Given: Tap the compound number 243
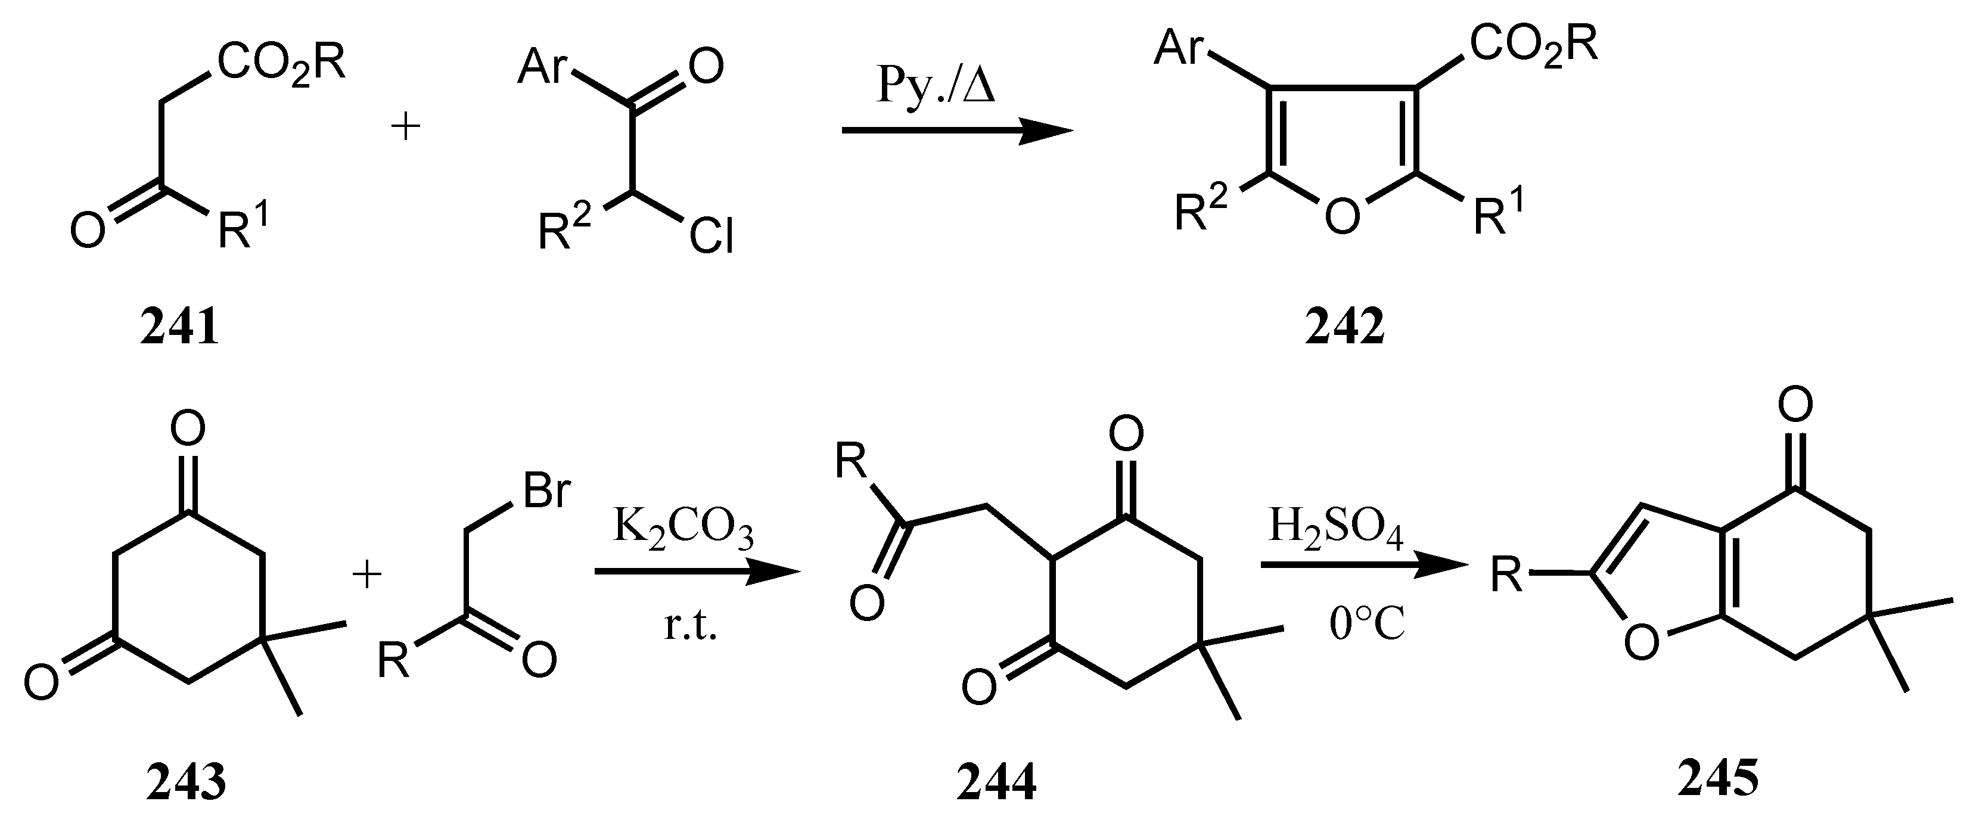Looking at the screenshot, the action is tap(186, 783).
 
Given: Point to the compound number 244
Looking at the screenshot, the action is tap(996, 783).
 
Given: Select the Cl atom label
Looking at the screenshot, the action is tap(711, 237).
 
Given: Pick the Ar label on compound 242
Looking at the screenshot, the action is tap(1180, 48).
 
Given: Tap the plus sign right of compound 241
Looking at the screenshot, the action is tap(405, 126).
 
